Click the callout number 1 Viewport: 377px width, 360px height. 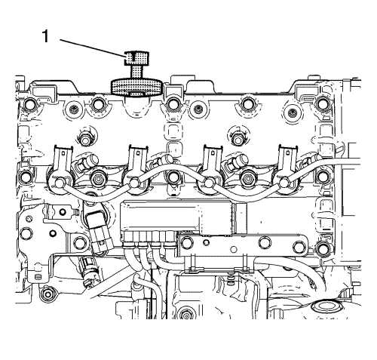[x=45, y=36]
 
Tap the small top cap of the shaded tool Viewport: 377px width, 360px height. [x=137, y=58]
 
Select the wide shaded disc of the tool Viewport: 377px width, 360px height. [x=136, y=88]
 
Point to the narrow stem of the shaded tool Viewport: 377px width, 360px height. [x=137, y=72]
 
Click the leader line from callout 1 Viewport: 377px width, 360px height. [x=92, y=48]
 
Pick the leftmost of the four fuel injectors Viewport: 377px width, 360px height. [x=60, y=171]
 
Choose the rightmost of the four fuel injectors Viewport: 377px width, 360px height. [x=285, y=171]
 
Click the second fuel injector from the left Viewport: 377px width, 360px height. [x=135, y=171]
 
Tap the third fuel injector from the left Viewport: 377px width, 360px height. [x=210, y=171]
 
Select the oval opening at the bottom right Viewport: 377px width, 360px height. [x=323, y=306]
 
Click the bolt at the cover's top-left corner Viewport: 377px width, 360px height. [x=30, y=103]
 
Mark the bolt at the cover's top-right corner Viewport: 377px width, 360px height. [x=322, y=103]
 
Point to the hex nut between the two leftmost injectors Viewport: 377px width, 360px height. [x=97, y=179]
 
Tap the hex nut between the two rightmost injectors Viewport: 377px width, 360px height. [x=247, y=179]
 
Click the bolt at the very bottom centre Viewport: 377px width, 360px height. [x=186, y=313]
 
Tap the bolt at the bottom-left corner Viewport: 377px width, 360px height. [x=47, y=294]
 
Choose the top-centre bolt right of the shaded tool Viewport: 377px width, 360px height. [x=172, y=104]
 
